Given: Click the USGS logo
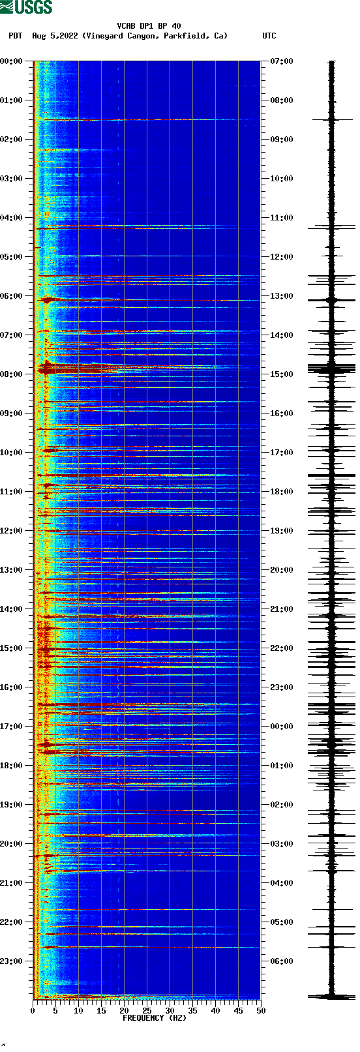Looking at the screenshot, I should pos(26,7).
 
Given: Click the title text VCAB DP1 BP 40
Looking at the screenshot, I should pos(149,26).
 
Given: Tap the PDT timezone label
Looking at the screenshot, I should pos(15,36).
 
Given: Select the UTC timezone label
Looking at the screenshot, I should pos(269,36).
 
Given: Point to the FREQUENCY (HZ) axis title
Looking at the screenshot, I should pos(154,1018).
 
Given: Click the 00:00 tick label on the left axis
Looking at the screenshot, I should pos(11,61).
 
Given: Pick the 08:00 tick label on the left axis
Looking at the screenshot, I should pos(11,374).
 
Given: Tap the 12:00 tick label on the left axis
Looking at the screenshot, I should pos(11,531).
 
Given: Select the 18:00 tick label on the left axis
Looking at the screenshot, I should pos(11,766).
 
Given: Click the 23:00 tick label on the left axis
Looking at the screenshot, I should pos(11,961).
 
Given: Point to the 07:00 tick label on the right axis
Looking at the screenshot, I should pos(282,61).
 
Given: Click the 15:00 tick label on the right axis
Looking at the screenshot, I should pos(282,374).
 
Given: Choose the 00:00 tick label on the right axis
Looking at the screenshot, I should pos(282,727).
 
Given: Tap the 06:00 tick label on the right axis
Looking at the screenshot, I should pos(282,961).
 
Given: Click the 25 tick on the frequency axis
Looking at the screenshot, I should pos(147,1011).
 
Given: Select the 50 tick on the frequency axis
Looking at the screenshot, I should pos(261,1011).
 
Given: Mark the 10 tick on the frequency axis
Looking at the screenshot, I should pos(78,1011).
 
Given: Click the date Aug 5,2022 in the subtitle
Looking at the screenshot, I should pos(55,36).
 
